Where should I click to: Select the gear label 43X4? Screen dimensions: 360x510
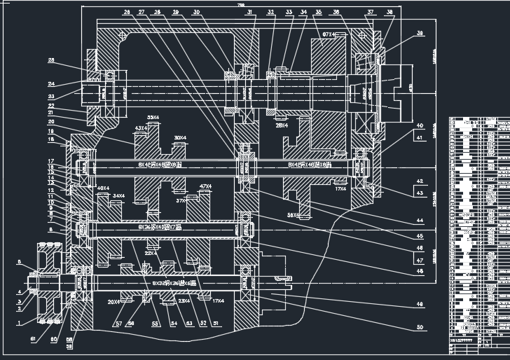[x=142, y=128]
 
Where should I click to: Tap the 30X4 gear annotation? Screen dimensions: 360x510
[x=180, y=137]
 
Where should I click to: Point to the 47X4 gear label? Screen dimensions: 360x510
[x=205, y=186]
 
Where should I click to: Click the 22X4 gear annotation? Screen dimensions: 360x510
[x=151, y=254]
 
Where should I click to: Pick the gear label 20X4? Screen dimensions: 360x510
[x=114, y=302]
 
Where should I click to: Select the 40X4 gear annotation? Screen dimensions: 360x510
[x=103, y=188]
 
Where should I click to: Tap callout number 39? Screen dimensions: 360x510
[x=420, y=34]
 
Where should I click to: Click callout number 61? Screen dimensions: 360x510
[x=33, y=338]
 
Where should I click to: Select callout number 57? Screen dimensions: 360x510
[x=118, y=324]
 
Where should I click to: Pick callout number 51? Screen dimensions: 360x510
[x=215, y=323]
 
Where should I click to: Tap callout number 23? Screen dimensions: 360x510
[x=51, y=97]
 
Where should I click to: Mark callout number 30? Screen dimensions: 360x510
[x=196, y=13]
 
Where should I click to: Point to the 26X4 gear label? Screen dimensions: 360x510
[x=282, y=126]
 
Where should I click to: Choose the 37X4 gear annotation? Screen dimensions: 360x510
[x=181, y=201]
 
